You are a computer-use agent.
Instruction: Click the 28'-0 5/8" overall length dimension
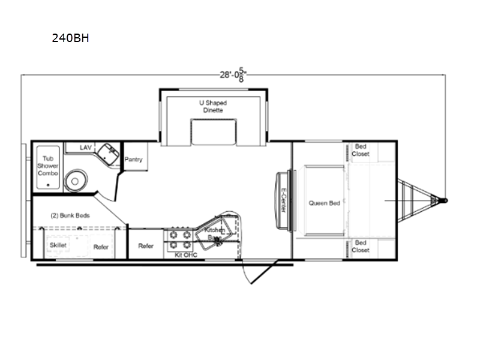pos(233,74)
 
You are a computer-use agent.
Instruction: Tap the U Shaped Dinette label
pos(213,106)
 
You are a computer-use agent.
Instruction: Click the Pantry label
pos(133,160)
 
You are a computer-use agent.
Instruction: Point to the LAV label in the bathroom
pos(86,147)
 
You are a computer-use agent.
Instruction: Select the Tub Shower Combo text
pos(47,165)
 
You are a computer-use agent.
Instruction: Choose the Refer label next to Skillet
pos(100,246)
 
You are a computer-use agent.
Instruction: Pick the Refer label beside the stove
pos(146,245)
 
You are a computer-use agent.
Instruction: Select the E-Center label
pos(282,202)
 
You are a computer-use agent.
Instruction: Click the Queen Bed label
pos(325,203)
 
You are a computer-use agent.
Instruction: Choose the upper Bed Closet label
pos(361,150)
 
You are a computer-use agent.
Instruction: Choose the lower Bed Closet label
pos(361,246)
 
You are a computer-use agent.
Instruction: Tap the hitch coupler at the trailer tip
pos(445,200)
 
